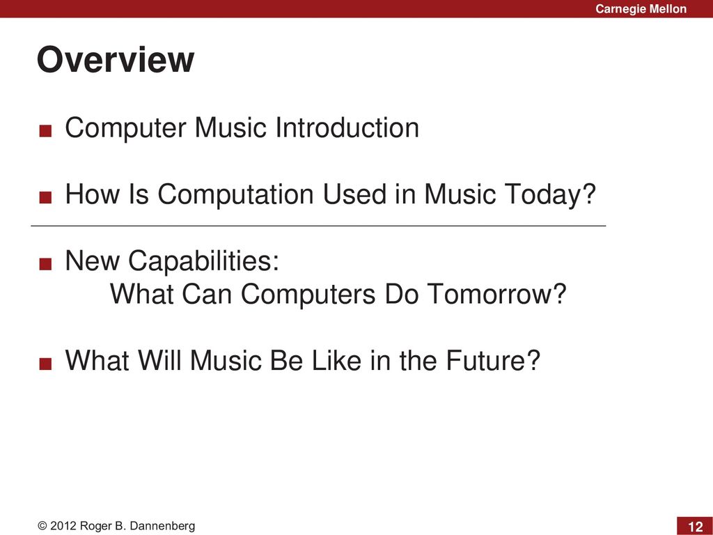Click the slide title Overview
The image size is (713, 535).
tap(116, 60)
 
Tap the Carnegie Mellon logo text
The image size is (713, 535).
tap(641, 8)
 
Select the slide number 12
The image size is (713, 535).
tap(696, 527)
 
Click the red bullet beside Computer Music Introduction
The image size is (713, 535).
tap(45, 131)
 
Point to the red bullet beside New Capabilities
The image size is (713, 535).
tap(45, 264)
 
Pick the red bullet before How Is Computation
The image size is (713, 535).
tap(45, 197)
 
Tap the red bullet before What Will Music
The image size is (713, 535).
tap(45, 364)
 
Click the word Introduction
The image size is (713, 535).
tap(347, 127)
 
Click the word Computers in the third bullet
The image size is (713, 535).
tap(308, 295)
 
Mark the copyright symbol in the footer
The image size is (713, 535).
tap(42, 526)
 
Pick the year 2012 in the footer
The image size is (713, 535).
tap(63, 526)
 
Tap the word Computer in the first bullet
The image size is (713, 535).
tap(125, 128)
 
